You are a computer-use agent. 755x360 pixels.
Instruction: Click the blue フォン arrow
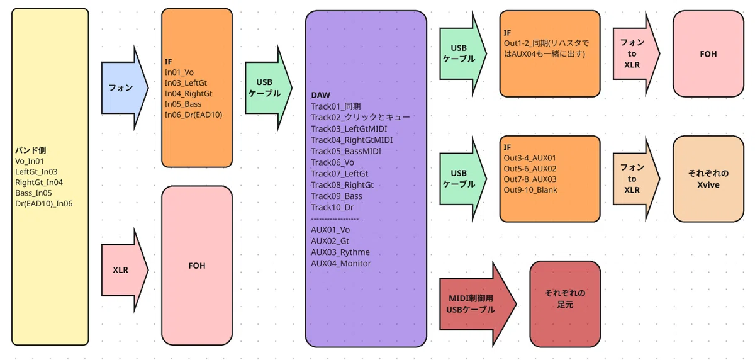[x=124, y=88]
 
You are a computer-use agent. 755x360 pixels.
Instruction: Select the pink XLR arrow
[x=124, y=270]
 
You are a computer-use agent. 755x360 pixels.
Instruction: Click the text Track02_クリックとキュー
[x=360, y=117]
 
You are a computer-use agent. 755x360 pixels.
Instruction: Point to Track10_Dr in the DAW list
[x=332, y=207]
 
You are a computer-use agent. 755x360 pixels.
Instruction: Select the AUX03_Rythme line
[x=340, y=252]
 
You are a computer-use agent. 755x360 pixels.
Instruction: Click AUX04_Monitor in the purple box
[x=341, y=263]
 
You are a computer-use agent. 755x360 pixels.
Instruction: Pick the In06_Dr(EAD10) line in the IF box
[x=193, y=115]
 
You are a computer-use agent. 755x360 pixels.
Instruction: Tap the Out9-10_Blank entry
[x=530, y=190]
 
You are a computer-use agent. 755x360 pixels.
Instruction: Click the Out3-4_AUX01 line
[x=530, y=158]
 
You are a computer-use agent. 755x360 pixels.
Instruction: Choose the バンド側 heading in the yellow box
[x=30, y=150]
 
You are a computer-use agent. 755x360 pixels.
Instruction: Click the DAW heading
[x=320, y=96]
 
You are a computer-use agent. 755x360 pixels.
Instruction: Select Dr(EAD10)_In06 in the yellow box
[x=44, y=203]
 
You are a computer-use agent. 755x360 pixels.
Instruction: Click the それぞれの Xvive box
[x=708, y=179]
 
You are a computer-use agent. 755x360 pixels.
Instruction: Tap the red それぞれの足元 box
[x=565, y=304]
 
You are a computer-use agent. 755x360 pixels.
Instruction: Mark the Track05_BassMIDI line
[x=346, y=151]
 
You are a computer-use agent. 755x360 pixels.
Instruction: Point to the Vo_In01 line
[x=30, y=161]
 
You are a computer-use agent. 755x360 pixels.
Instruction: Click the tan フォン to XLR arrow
[x=635, y=179]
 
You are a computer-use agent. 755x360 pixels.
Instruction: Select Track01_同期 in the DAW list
[x=336, y=106]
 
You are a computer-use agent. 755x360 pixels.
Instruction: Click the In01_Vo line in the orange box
[x=179, y=72]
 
